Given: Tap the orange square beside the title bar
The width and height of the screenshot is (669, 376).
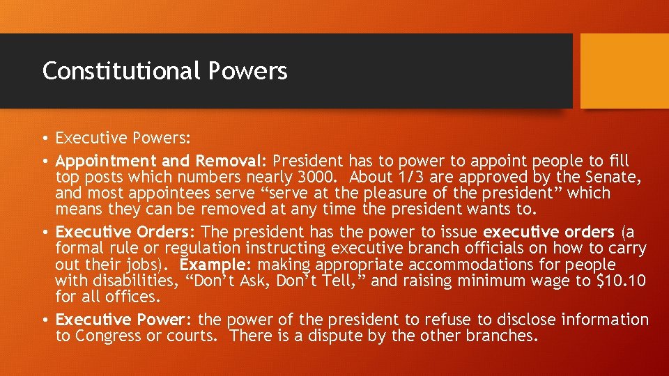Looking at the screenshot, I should [624, 71].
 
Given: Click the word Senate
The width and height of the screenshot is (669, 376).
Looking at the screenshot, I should [612, 177].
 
